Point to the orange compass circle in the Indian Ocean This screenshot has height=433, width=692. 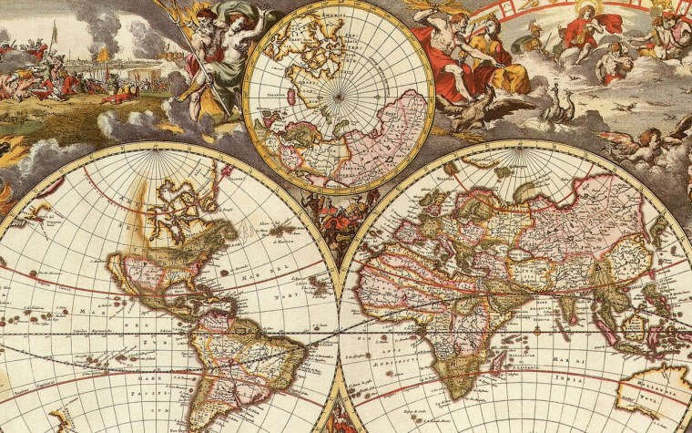tap(536, 330)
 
